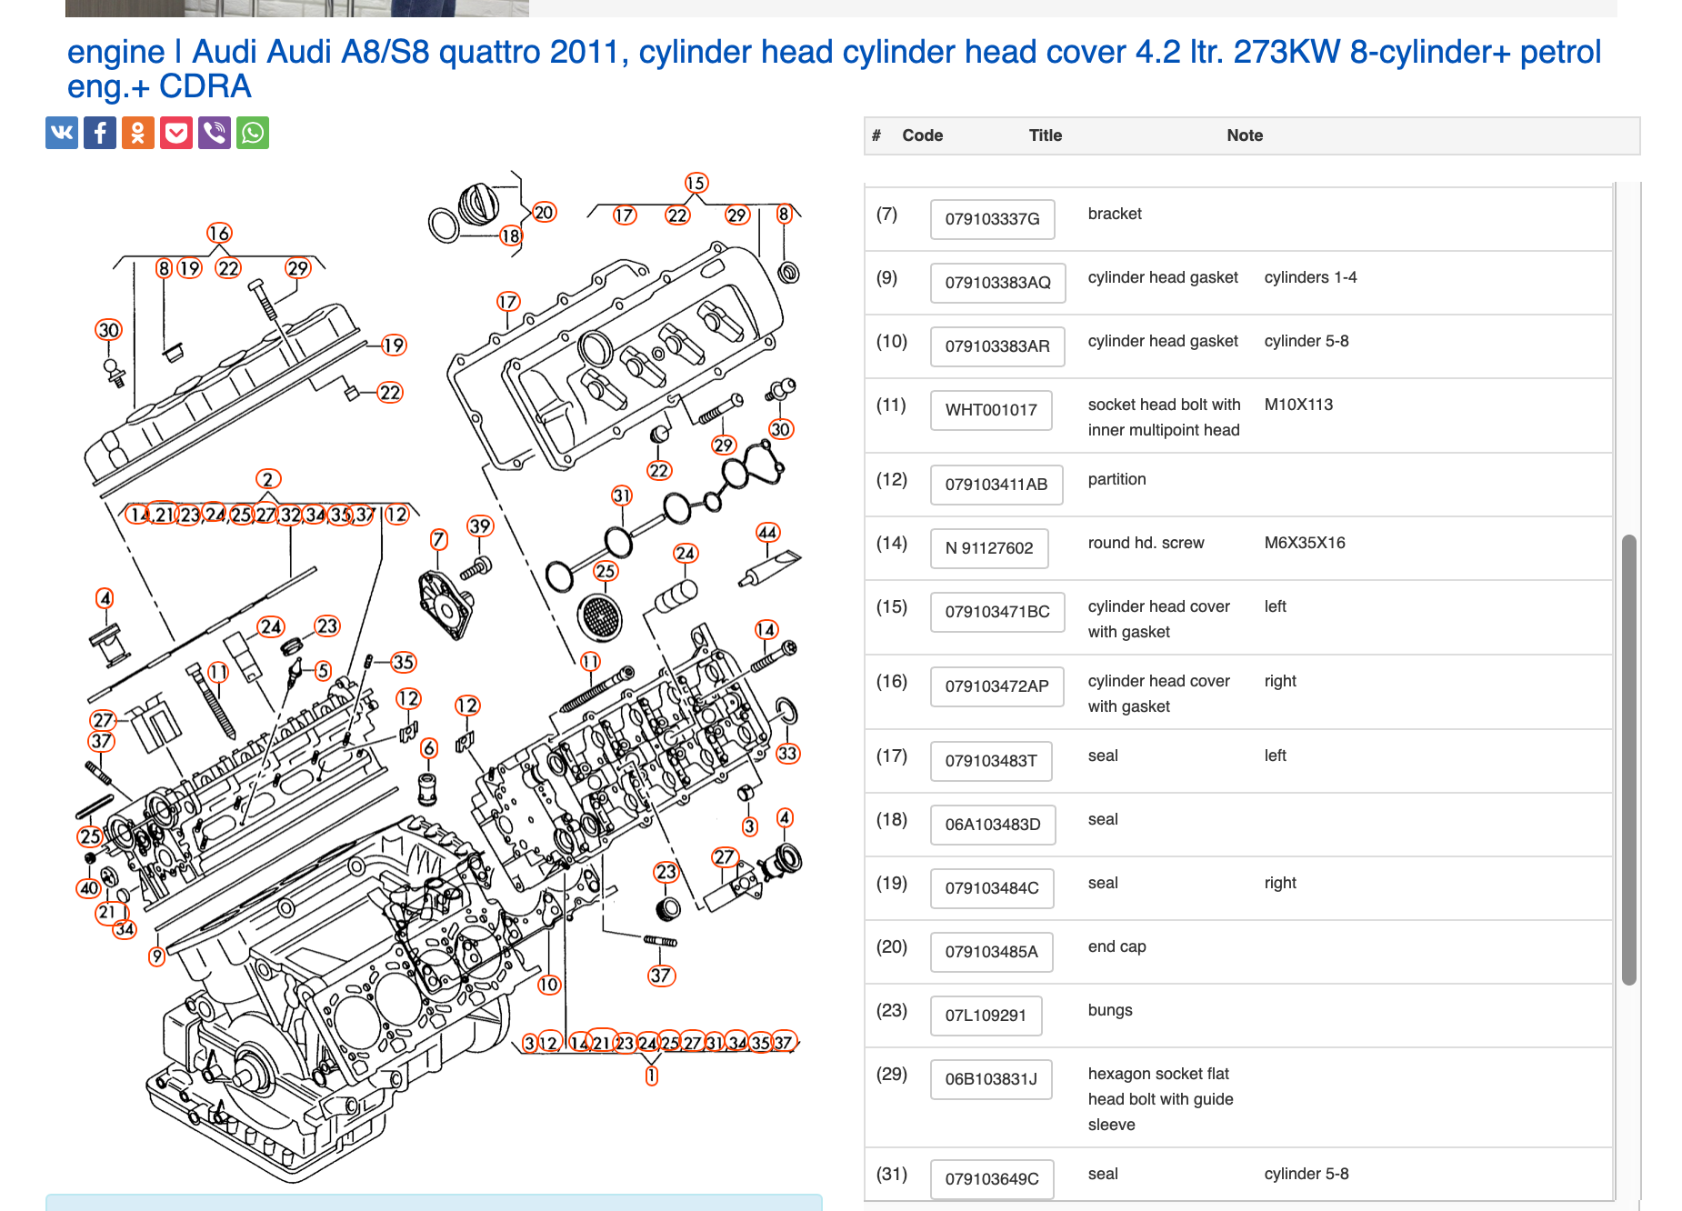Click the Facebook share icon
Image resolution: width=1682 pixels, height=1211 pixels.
100,133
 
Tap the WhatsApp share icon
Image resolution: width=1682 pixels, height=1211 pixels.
253,133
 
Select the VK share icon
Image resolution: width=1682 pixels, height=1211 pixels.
62,133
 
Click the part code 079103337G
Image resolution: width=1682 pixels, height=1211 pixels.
992,219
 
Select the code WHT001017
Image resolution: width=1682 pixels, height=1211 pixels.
990,410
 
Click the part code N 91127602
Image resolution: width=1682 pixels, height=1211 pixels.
988,548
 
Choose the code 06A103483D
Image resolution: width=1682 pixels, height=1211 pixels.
992,825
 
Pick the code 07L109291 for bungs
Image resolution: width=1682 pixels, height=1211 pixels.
985,1016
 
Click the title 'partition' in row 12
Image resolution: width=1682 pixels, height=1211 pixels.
1116,479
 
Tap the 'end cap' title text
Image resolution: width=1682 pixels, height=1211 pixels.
1116,946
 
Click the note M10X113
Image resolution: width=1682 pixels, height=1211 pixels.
1298,405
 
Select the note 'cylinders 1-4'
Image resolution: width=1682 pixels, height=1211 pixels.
1310,277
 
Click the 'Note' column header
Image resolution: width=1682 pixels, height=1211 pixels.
1245,135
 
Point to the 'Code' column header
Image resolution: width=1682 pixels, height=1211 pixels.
922,135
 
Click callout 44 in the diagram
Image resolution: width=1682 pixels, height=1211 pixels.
767,533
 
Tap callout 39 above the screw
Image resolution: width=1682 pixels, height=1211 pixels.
479,526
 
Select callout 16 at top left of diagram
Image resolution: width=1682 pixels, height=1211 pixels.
219,234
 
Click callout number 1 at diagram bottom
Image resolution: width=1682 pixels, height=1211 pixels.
651,1076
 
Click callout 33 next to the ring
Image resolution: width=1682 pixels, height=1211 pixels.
787,754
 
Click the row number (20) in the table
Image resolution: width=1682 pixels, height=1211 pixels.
891,946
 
